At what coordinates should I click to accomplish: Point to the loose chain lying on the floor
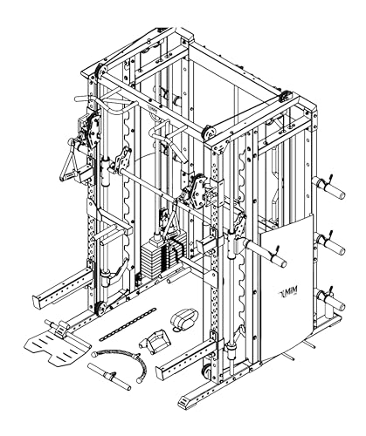tap(128, 324)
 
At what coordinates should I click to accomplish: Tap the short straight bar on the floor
tap(109, 376)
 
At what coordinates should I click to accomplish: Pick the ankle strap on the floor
tap(183, 320)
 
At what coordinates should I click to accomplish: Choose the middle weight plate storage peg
tap(331, 243)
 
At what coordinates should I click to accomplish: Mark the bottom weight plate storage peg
tap(331, 299)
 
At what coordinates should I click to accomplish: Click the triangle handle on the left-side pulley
tap(69, 163)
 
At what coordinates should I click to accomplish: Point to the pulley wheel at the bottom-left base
tap(100, 309)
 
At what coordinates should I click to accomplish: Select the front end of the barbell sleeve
tap(280, 261)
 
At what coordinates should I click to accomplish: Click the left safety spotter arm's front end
tap(38, 301)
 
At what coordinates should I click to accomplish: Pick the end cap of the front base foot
tap(185, 402)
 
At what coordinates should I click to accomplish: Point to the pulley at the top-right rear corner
tap(285, 96)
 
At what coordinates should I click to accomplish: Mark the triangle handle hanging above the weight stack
tap(171, 220)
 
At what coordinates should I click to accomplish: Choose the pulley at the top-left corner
tap(100, 71)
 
